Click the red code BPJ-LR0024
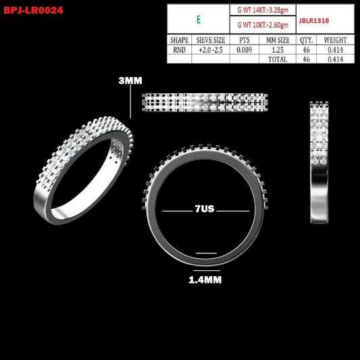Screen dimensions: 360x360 (33, 10)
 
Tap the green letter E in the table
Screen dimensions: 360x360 (199, 20)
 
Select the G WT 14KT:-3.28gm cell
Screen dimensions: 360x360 (263, 10)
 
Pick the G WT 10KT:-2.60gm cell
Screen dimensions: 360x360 (263, 25)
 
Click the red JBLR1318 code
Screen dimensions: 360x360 (314, 21)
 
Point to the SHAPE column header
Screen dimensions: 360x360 (179, 40)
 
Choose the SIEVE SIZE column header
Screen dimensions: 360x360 (211, 40)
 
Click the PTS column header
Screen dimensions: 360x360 (245, 40)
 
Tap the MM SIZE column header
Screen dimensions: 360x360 (278, 40)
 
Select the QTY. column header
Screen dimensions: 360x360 (306, 40)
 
